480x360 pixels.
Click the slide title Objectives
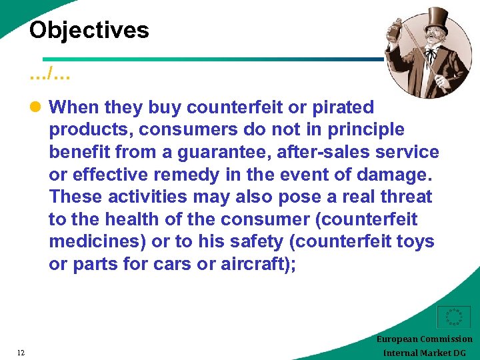tap(89, 30)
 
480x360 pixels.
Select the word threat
tap(406, 197)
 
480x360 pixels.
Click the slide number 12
tap(21, 353)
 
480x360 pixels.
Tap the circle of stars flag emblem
tap(454, 317)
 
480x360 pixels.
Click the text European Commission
tap(424, 339)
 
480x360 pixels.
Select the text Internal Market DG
tap(425, 353)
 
